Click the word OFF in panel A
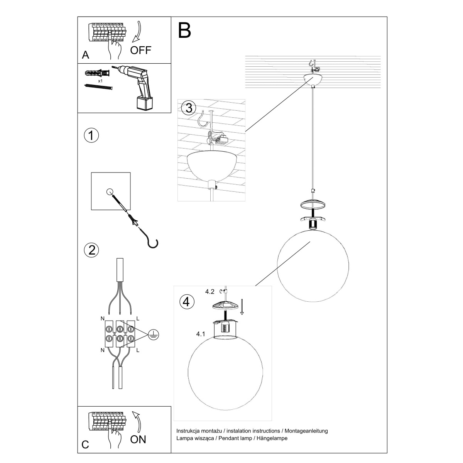click(141, 50)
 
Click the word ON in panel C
click(139, 439)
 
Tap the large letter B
click(184, 30)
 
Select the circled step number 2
click(91, 250)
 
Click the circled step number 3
click(189, 108)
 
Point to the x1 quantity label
click(100, 81)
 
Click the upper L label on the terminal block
click(138, 319)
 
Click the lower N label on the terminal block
click(102, 351)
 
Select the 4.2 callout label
click(210, 292)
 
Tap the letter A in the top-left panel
click(86, 55)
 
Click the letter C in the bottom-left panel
click(86, 444)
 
